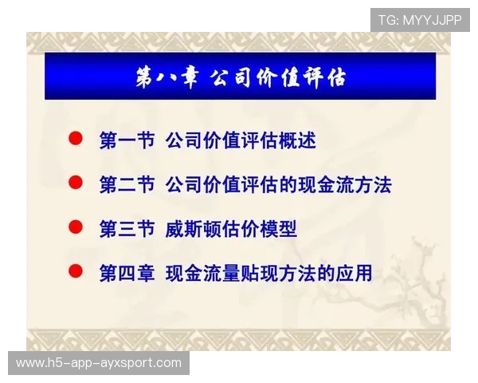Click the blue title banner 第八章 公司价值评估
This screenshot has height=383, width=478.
pyautogui.click(x=240, y=77)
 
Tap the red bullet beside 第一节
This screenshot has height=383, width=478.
pyautogui.click(x=76, y=139)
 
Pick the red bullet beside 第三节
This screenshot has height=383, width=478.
pyautogui.click(x=76, y=227)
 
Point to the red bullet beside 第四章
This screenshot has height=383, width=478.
pyautogui.click(x=76, y=271)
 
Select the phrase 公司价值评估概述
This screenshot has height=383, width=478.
pyautogui.click(x=241, y=140)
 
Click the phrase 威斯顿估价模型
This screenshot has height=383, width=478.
pyautogui.click(x=231, y=230)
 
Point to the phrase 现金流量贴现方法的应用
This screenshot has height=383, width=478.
pyautogui.click(x=268, y=274)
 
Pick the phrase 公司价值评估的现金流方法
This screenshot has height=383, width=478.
pyautogui.click(x=278, y=185)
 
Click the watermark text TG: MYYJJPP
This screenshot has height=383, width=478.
pyautogui.click(x=420, y=20)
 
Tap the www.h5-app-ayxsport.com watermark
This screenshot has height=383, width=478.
pyautogui.click(x=99, y=363)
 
